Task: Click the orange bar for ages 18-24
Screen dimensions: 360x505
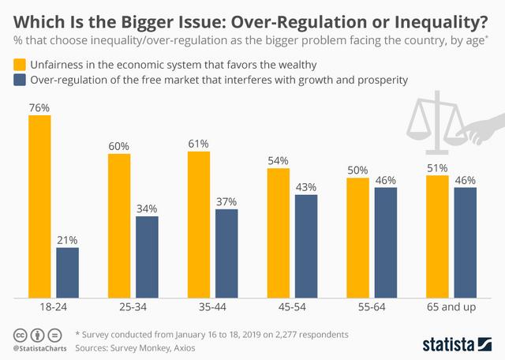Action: coord(39,207)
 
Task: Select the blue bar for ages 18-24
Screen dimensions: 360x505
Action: coord(67,273)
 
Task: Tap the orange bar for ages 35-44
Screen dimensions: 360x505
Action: coord(199,225)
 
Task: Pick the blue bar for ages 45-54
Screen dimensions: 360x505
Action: coord(305,246)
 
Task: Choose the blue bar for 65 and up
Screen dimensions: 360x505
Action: coord(466,243)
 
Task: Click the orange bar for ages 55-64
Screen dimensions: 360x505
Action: coord(357,238)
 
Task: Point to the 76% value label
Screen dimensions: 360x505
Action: coord(39,107)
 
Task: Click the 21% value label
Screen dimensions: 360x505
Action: coord(67,239)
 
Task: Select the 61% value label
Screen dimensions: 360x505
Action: coord(199,144)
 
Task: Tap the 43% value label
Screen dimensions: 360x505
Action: coord(305,187)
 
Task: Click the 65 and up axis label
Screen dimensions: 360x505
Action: coord(451,308)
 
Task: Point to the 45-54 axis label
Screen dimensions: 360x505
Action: coord(292,308)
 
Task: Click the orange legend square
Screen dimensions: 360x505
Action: coord(17,63)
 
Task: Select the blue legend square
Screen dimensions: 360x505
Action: coord(17,80)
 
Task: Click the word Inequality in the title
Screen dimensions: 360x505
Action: coord(444,17)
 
